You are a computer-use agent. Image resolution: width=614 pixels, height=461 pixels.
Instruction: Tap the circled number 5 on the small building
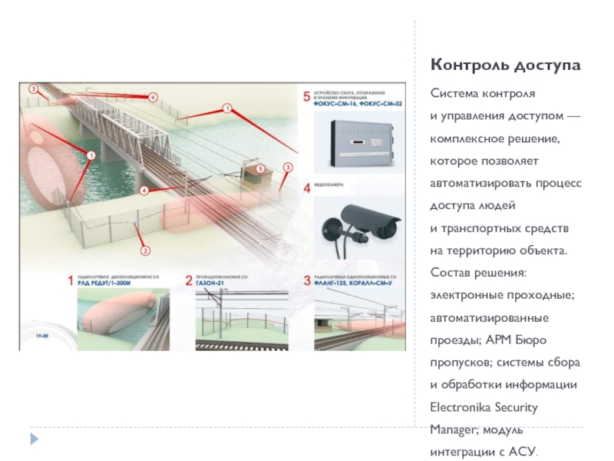click(x=260, y=168)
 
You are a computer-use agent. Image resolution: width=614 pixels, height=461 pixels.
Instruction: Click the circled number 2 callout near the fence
click(x=144, y=249)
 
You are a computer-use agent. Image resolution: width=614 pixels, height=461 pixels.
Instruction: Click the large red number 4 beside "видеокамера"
click(x=307, y=187)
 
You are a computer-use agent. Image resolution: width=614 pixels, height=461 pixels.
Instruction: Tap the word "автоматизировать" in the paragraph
click(x=484, y=184)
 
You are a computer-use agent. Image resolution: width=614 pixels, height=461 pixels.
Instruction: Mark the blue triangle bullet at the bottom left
click(x=33, y=439)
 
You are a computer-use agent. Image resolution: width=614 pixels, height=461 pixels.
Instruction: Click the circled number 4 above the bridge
click(x=153, y=98)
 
